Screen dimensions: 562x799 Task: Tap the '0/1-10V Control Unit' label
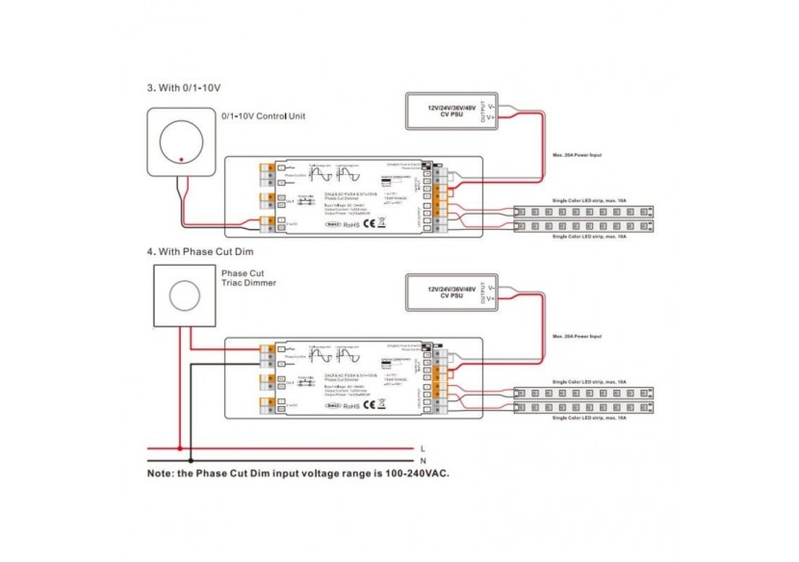point(263,116)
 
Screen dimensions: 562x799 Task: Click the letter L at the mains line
point(424,448)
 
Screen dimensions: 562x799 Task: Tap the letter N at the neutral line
point(424,461)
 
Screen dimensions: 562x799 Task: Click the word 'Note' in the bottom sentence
point(161,474)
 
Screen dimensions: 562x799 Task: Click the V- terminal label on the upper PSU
point(491,105)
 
